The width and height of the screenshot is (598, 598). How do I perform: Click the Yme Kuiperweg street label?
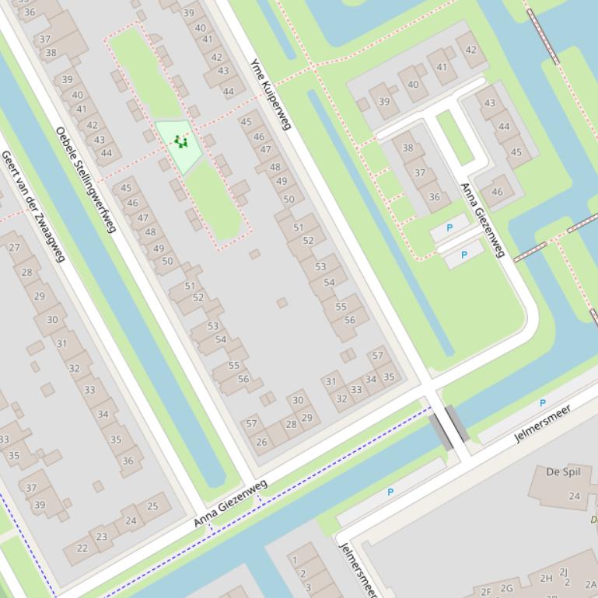point(270,94)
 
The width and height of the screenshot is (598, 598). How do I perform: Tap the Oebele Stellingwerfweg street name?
point(86,179)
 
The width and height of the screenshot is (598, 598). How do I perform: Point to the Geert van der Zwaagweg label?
point(33,206)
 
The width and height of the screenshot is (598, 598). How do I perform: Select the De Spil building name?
point(564,471)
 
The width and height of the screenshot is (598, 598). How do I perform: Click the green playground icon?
point(181,141)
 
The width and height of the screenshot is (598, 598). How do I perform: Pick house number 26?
point(262,443)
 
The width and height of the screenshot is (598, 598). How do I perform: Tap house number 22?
point(82,548)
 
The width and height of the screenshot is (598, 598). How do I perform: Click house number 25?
point(152,506)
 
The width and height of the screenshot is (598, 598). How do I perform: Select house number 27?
point(15,248)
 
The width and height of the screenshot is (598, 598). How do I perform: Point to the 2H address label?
point(546,578)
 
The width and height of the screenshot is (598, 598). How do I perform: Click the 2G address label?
point(507,589)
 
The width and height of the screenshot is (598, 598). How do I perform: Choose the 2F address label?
point(486,592)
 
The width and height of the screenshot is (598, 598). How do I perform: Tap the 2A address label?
point(590,585)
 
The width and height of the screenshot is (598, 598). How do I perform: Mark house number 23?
point(102,536)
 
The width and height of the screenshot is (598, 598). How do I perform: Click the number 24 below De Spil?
point(574,496)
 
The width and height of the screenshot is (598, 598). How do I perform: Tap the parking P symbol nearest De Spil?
point(542,403)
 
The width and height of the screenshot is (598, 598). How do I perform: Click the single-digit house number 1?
point(295,559)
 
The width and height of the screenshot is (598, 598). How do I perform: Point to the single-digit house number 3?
point(308,587)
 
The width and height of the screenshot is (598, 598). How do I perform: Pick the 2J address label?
point(564,572)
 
